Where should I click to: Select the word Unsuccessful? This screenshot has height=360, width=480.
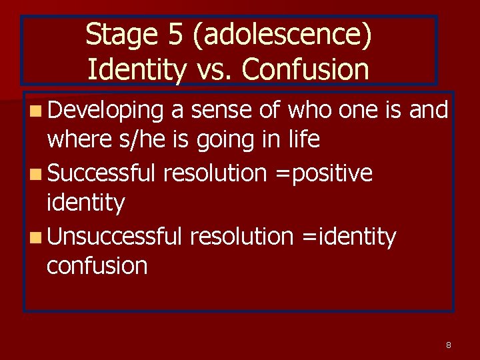(x=115, y=236)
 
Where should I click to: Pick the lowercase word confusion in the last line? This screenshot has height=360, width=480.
(x=97, y=265)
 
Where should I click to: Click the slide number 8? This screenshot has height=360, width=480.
(x=449, y=345)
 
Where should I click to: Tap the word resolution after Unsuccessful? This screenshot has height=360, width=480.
(x=241, y=236)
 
